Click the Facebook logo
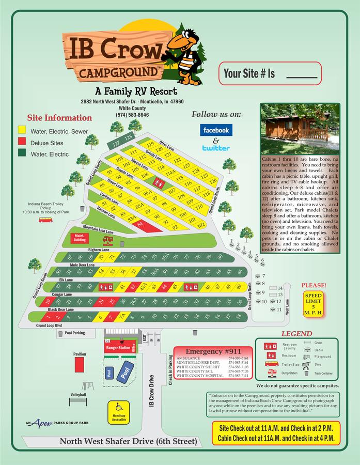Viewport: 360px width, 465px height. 216,130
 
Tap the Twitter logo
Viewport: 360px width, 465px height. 216,148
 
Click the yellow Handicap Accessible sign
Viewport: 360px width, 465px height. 119,413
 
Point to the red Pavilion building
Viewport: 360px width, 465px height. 80,364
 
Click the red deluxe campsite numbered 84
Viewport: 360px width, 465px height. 141,224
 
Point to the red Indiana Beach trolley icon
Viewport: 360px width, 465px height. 45,220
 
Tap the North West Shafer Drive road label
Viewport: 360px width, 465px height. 128,441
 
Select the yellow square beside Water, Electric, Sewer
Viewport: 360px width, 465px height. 22,131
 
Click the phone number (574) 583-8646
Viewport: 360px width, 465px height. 132,115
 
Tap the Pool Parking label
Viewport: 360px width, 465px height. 75,333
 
